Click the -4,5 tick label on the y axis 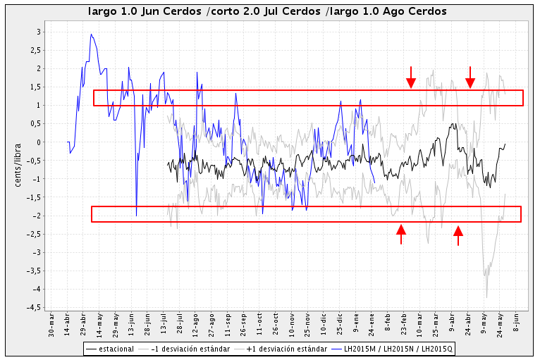[32, 307]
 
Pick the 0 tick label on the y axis [38, 142]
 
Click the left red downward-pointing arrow [411, 78]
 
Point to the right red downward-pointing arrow [470, 78]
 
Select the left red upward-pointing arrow [401, 234]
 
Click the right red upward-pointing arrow [458, 235]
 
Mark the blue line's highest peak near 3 [91, 35]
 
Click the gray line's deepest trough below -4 [486, 297]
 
